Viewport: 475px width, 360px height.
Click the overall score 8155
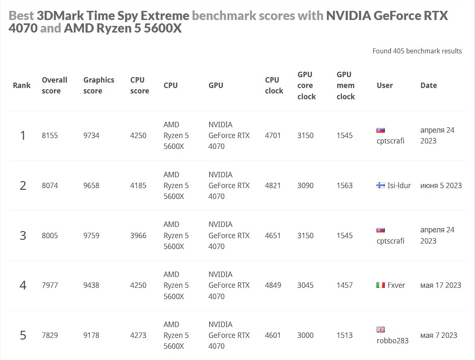click(x=50, y=136)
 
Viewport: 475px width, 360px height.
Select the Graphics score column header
click(x=99, y=85)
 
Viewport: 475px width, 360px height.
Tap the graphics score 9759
click(x=91, y=236)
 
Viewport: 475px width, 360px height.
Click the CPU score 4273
click(x=138, y=335)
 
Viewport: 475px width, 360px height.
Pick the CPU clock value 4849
click(x=273, y=285)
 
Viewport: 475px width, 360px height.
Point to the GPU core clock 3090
click(x=305, y=186)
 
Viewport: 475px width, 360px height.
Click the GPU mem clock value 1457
click(x=344, y=285)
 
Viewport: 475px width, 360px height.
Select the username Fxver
click(x=396, y=285)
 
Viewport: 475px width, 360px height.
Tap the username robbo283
click(x=392, y=341)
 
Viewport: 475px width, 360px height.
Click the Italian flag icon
click(x=380, y=285)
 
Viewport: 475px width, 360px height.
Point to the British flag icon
click(x=380, y=330)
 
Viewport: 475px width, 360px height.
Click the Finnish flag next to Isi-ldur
click(x=380, y=186)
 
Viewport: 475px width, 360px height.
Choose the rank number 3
click(x=23, y=236)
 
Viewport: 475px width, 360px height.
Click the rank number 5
click(x=23, y=335)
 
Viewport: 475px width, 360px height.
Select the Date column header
click(x=428, y=85)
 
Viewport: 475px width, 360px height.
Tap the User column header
click(x=384, y=85)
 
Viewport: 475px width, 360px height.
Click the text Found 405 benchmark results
click(x=417, y=51)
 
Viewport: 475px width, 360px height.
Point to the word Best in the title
click(x=21, y=16)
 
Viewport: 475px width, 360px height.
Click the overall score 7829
click(x=50, y=335)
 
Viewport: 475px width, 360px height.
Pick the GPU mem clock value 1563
click(x=344, y=186)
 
